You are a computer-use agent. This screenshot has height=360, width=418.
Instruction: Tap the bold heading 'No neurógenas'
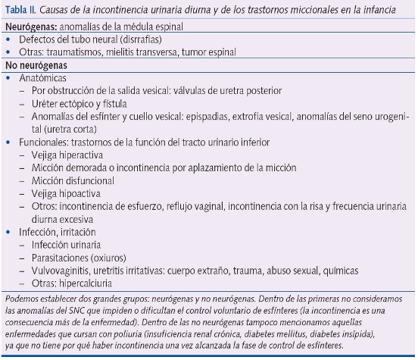(33, 65)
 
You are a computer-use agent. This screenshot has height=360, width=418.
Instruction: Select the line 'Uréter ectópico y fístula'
(79, 103)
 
